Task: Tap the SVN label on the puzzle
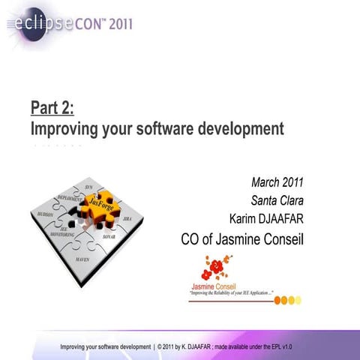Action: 90,184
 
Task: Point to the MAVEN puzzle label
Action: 83,258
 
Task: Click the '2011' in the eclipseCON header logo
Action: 116,23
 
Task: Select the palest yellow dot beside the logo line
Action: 298,300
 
